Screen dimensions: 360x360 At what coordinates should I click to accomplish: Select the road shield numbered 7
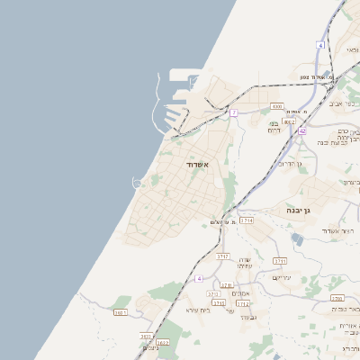click(x=233, y=112)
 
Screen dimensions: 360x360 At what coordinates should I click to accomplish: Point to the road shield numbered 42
click(x=303, y=130)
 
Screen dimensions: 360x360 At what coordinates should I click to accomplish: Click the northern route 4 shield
click(x=320, y=44)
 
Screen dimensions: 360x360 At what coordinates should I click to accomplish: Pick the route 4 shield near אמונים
click(x=198, y=279)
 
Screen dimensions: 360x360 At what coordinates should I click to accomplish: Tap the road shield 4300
click(x=276, y=105)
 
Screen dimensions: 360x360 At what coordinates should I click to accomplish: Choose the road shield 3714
click(x=247, y=220)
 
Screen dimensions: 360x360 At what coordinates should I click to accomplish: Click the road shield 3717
click(x=222, y=256)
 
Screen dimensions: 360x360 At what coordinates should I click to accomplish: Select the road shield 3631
click(x=121, y=312)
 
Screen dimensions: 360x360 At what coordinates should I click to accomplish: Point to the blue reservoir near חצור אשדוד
click(x=297, y=238)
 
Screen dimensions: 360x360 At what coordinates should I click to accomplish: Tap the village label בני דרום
click(x=274, y=127)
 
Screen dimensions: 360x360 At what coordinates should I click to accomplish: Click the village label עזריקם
click(x=282, y=278)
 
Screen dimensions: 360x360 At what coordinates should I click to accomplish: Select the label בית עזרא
click(x=197, y=310)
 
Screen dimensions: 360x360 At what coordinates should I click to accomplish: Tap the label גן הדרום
click(x=288, y=164)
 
